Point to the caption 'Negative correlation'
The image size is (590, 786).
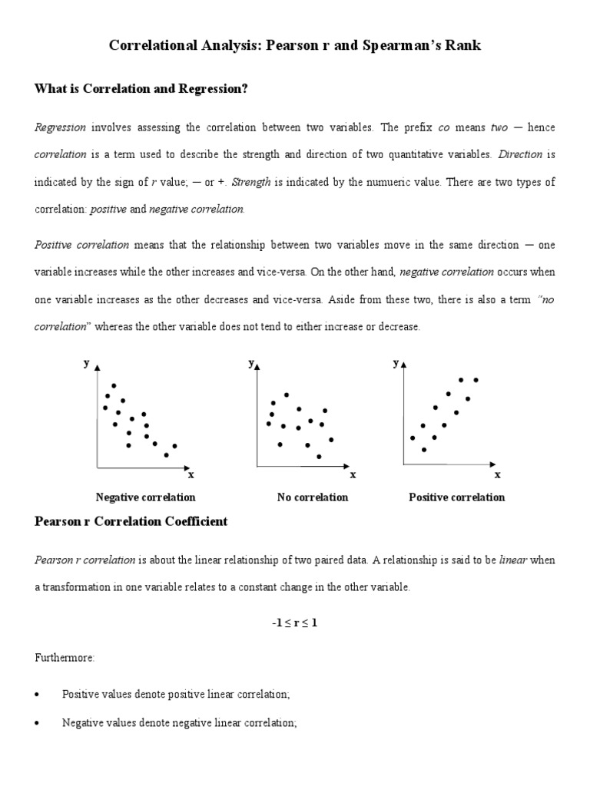pyautogui.click(x=145, y=497)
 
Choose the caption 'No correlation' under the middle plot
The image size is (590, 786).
pyautogui.click(x=313, y=497)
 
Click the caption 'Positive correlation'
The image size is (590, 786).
pyautogui.click(x=456, y=497)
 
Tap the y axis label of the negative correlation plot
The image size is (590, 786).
pyautogui.click(x=86, y=363)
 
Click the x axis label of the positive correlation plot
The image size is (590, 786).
pyautogui.click(x=497, y=474)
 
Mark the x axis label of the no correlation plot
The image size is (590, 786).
pyautogui.click(x=353, y=474)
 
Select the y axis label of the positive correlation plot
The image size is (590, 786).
pyautogui.click(x=396, y=363)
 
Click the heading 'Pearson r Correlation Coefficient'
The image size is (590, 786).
pyautogui.click(x=131, y=522)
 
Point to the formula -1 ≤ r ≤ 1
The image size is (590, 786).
pyautogui.click(x=294, y=623)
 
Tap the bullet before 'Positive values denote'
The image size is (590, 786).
pyautogui.click(x=38, y=694)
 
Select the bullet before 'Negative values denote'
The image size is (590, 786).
pyautogui.click(x=38, y=723)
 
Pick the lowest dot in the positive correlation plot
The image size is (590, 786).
pyautogui.click(x=424, y=450)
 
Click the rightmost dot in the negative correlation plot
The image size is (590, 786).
pyautogui.click(x=175, y=446)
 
